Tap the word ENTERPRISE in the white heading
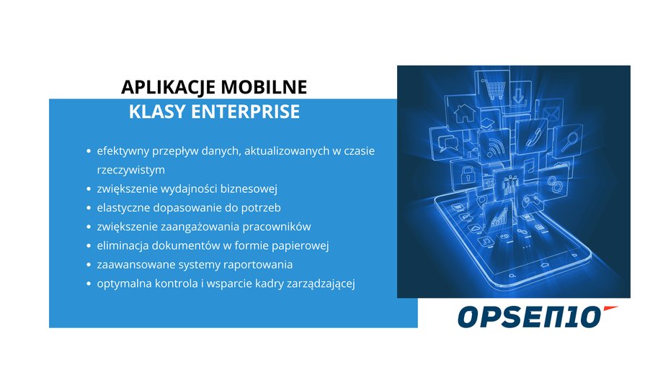click(x=245, y=112)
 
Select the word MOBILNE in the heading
click(x=264, y=87)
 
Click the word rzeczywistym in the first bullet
click(x=130, y=170)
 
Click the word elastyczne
click(x=123, y=208)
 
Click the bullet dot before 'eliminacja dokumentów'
click(x=89, y=245)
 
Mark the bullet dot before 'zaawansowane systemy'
click(x=89, y=264)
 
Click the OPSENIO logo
click(x=538, y=317)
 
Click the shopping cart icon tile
click(x=494, y=86)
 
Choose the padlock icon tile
click(x=466, y=174)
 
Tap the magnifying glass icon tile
click(x=569, y=140)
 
